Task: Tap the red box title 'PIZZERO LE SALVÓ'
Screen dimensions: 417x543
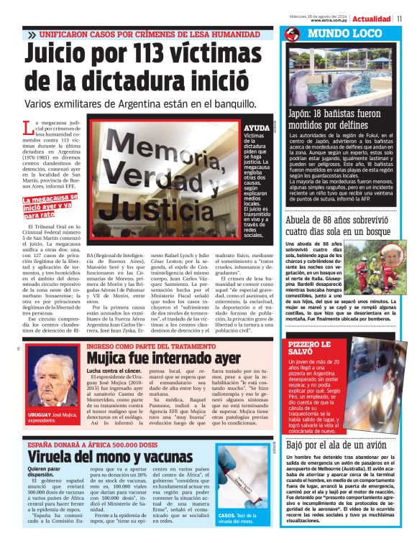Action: [301, 349]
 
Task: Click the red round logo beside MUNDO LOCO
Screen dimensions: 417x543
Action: [291, 34]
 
